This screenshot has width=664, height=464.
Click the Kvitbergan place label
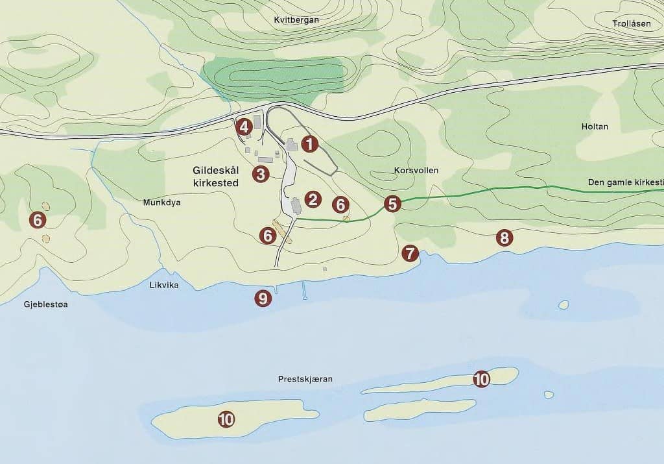click(297, 20)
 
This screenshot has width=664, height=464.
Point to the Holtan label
click(595, 127)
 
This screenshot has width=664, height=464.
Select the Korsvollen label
click(416, 170)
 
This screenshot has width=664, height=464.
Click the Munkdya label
click(161, 202)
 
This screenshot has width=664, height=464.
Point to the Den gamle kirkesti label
click(625, 182)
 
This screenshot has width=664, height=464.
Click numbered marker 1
click(310, 144)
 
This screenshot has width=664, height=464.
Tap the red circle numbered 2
click(313, 199)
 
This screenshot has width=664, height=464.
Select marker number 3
click(261, 174)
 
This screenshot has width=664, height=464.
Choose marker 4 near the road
click(244, 127)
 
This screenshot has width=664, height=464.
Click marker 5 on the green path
click(392, 204)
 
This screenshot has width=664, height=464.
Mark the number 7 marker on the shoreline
click(410, 253)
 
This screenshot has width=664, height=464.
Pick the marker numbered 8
click(504, 238)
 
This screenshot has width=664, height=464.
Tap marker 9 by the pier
click(263, 299)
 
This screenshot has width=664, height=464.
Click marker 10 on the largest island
click(226, 419)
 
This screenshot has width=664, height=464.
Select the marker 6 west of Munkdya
click(38, 220)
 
